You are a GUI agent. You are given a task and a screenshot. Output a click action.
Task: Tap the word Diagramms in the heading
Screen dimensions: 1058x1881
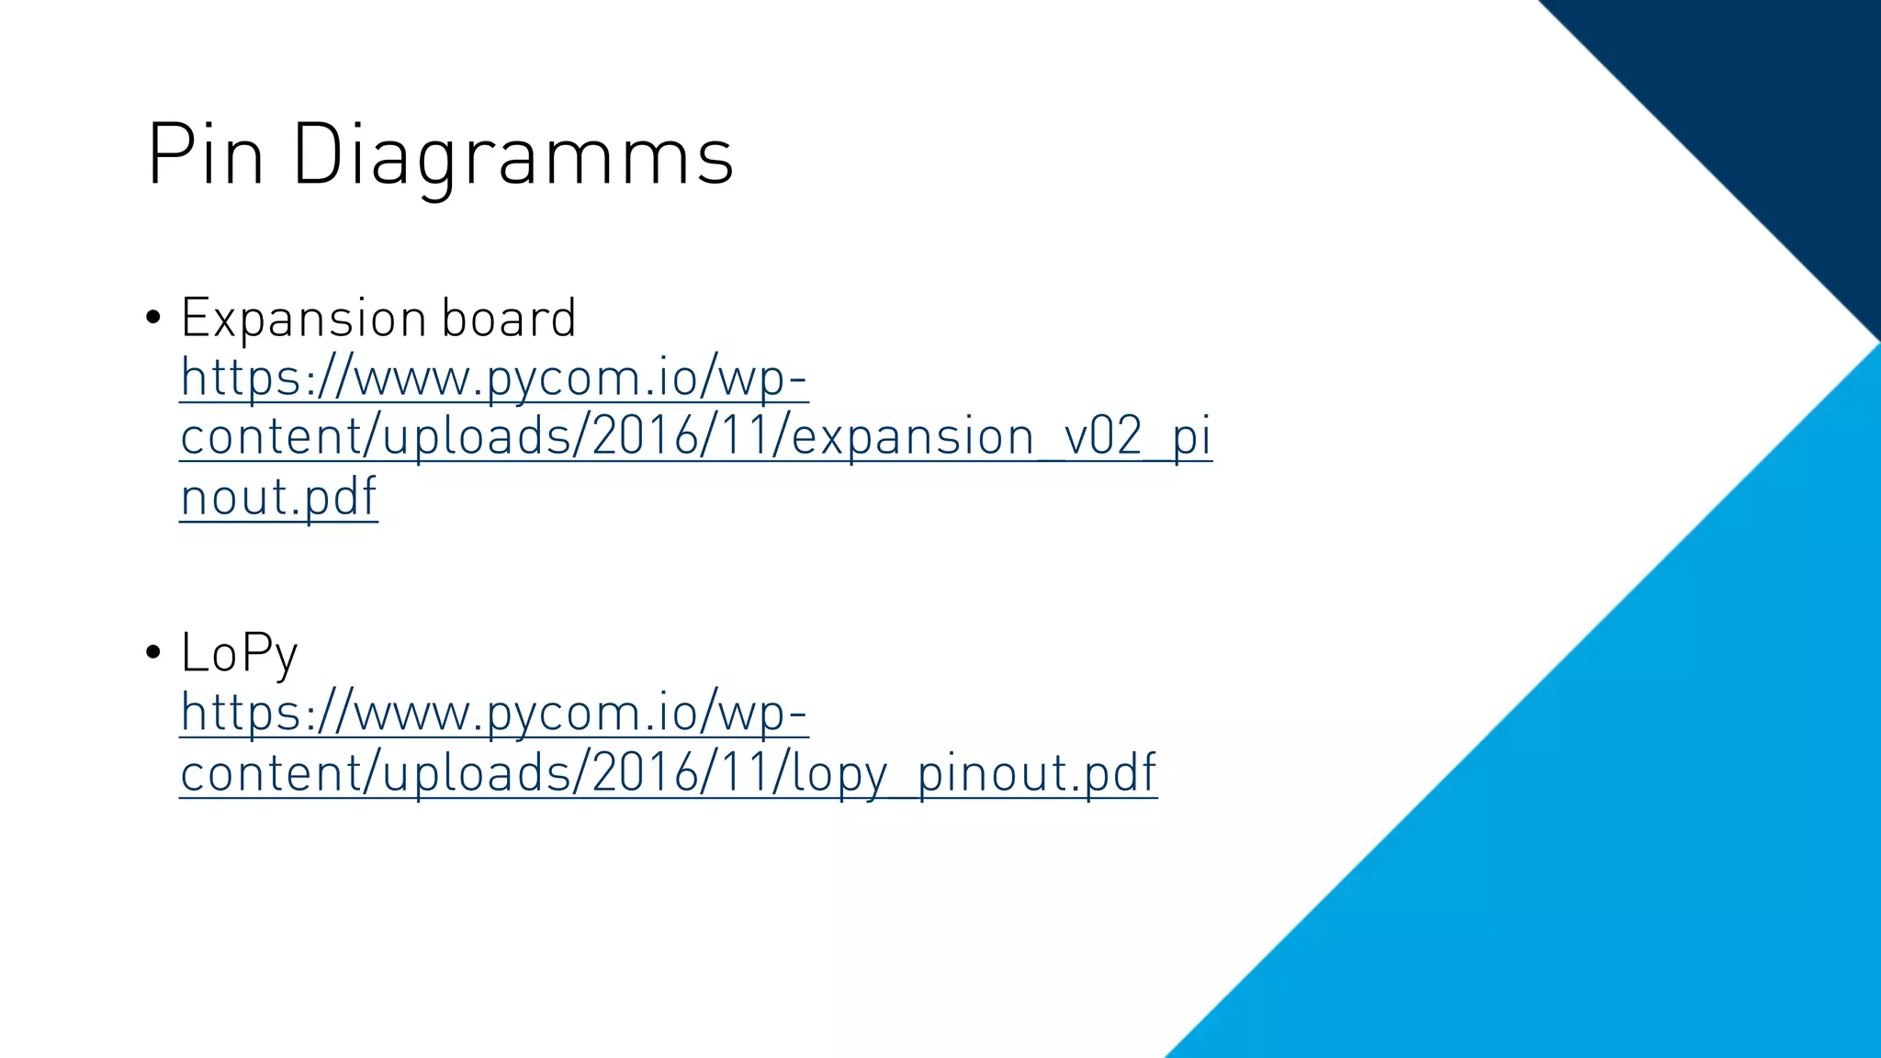[512, 156]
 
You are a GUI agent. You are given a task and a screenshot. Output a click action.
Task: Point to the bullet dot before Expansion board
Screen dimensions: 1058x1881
[153, 318]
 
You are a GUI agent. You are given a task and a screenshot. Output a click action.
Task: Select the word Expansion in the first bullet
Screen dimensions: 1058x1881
[303, 318]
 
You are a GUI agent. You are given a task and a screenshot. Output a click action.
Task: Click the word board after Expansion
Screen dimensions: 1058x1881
[508, 318]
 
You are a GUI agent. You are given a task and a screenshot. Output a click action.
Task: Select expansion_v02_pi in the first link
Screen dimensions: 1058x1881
[1001, 436]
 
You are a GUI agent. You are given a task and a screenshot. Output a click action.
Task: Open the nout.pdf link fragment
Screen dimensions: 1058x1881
[278, 497]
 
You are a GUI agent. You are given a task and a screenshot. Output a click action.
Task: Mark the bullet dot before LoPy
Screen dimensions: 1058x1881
[153, 653]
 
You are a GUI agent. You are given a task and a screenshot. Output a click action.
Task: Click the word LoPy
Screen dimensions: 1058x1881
[239, 654]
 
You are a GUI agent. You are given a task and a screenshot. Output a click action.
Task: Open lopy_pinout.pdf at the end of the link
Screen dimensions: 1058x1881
[974, 772]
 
